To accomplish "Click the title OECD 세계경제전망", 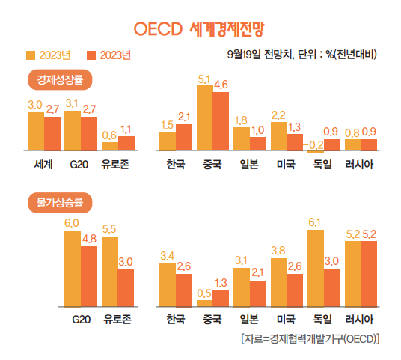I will click(x=200, y=29).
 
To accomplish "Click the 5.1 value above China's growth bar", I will click(x=204, y=79).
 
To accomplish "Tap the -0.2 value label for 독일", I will click(x=316, y=144).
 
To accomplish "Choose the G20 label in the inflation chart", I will click(x=80, y=319).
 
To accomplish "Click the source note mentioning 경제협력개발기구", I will click(x=310, y=338).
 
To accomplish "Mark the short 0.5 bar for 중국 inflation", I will click(x=204, y=302).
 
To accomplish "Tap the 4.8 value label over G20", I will click(x=89, y=239).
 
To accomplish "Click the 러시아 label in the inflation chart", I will click(x=361, y=319).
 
